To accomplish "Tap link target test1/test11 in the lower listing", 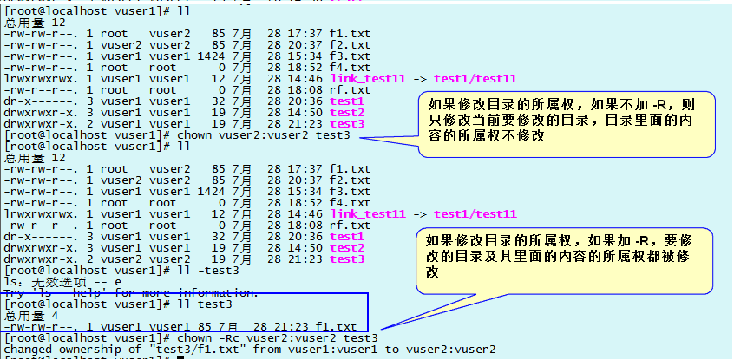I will coord(475,213).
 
